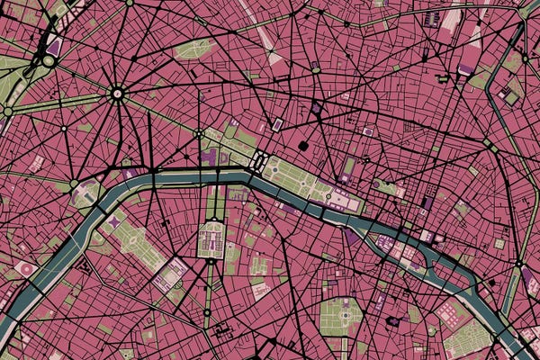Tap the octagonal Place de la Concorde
pos(257,163)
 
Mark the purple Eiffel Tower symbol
pos(114,220)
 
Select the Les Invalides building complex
pos(212,238)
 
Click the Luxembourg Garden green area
pos(340,315)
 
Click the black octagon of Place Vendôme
pos(303,145)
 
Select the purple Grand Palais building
pos(211,157)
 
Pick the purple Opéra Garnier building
pos(317,108)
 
